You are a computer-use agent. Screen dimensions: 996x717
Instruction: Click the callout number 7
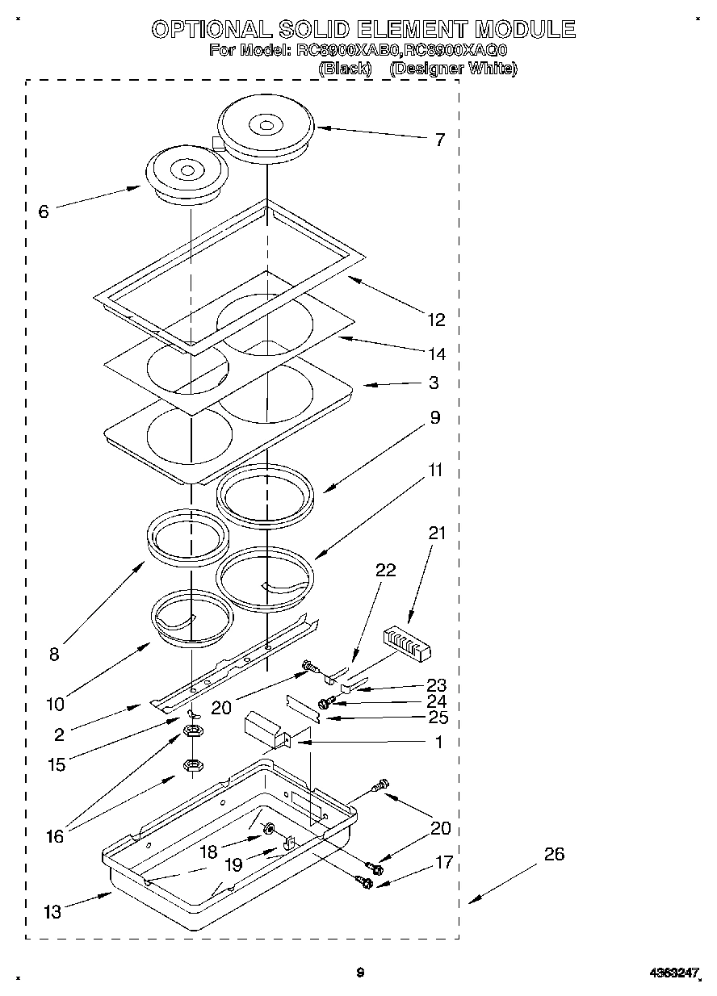439,140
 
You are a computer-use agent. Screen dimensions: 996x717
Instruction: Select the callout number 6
44,211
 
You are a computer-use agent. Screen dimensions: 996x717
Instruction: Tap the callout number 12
436,320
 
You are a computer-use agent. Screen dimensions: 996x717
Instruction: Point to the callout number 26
554,854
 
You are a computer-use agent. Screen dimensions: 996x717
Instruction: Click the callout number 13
52,912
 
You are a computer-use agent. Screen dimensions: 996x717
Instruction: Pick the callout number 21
437,533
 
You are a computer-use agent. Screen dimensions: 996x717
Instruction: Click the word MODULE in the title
525,30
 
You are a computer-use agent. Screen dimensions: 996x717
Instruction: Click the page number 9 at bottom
360,973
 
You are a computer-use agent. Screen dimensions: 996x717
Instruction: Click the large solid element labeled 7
266,129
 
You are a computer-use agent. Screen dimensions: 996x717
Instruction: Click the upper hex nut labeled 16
193,731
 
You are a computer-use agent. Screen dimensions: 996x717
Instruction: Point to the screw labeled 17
365,884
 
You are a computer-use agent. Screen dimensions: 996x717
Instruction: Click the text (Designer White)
453,69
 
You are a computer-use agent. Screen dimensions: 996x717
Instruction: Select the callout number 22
386,570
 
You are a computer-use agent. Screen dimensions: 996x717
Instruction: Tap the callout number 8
54,654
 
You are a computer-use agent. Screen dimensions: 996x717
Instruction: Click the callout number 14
436,354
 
